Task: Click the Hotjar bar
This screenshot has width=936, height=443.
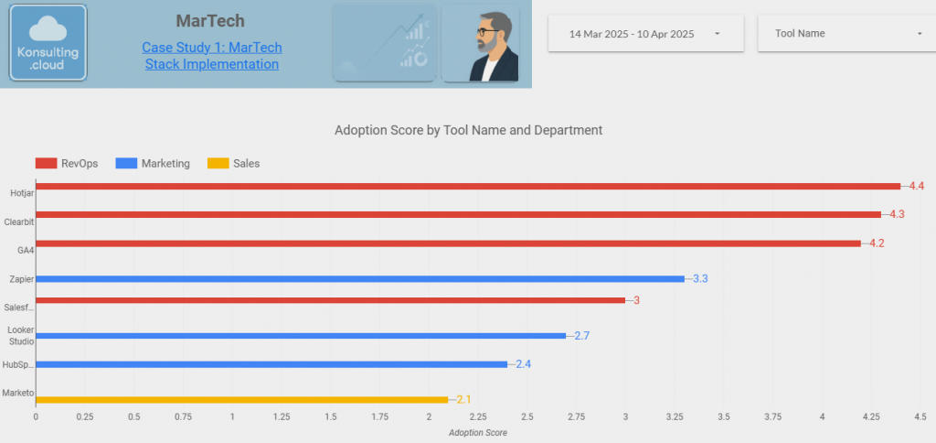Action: (x=467, y=186)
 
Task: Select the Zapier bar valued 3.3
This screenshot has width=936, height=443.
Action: (x=359, y=278)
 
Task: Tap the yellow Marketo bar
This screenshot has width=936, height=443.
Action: (x=241, y=399)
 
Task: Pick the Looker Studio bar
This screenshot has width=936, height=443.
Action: (x=300, y=336)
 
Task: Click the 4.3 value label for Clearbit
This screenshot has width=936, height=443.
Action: (x=897, y=215)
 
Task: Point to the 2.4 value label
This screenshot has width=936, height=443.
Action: (x=523, y=364)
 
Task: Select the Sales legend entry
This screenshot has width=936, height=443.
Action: (x=233, y=164)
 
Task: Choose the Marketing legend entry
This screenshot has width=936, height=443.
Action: (x=153, y=164)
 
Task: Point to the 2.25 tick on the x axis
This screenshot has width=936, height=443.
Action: (x=477, y=417)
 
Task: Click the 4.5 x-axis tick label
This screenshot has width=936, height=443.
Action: (x=920, y=417)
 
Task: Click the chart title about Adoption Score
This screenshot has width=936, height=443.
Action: (x=468, y=130)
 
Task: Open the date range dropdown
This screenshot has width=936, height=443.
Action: (x=645, y=34)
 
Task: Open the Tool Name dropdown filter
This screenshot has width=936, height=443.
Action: (x=848, y=34)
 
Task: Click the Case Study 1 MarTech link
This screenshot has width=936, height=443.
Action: (x=212, y=56)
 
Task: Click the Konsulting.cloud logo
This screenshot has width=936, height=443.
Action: (x=48, y=43)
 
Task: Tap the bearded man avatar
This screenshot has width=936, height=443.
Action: (x=481, y=44)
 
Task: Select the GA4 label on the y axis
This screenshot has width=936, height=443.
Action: (x=15, y=250)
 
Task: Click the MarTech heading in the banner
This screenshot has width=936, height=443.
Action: (x=210, y=21)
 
